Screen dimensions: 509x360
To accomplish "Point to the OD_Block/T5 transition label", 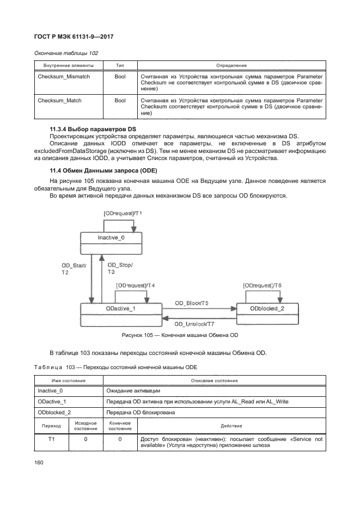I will click(192, 303).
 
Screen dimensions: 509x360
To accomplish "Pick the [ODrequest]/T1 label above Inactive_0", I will click(123, 213).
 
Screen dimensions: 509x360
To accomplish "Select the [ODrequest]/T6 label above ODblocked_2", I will click(263, 286).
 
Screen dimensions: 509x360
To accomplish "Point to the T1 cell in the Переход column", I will click(52, 438).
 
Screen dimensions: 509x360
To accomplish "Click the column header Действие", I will click(231, 425).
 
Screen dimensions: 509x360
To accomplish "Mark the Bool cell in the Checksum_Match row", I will click(120, 101).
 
